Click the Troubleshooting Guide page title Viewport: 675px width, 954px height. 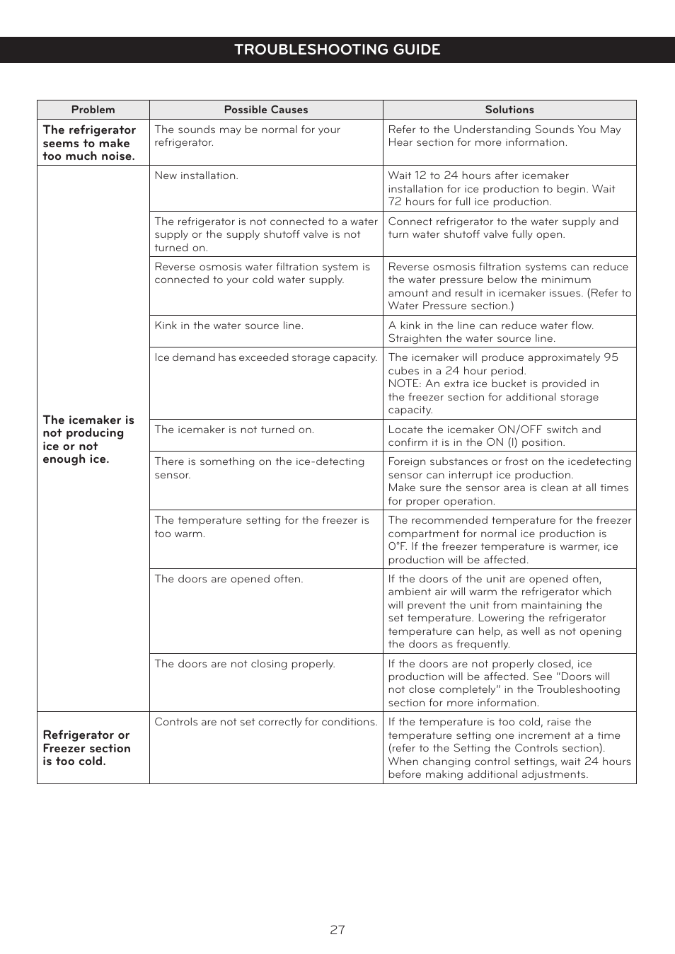click(337, 50)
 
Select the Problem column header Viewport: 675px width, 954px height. click(93, 110)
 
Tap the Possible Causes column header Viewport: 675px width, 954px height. click(266, 110)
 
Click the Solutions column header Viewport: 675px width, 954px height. click(509, 110)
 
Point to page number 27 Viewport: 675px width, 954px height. click(337, 930)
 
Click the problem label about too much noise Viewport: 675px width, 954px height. click(89, 143)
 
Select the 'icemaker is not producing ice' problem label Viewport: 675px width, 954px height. click(88, 439)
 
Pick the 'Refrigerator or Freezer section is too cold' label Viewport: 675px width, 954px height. click(87, 748)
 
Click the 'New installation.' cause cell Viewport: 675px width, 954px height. click(196, 176)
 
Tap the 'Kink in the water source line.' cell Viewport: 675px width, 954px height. click(229, 326)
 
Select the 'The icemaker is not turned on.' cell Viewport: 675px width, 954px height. click(234, 430)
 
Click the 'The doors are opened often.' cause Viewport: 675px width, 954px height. click(229, 579)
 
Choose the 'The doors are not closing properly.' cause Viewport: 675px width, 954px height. click(245, 664)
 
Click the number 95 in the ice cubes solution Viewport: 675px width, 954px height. click(611, 357)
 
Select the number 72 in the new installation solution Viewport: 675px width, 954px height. click(395, 202)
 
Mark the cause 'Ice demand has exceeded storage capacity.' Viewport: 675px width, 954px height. click(265, 357)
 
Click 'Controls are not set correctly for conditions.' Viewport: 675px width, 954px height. click(266, 722)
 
